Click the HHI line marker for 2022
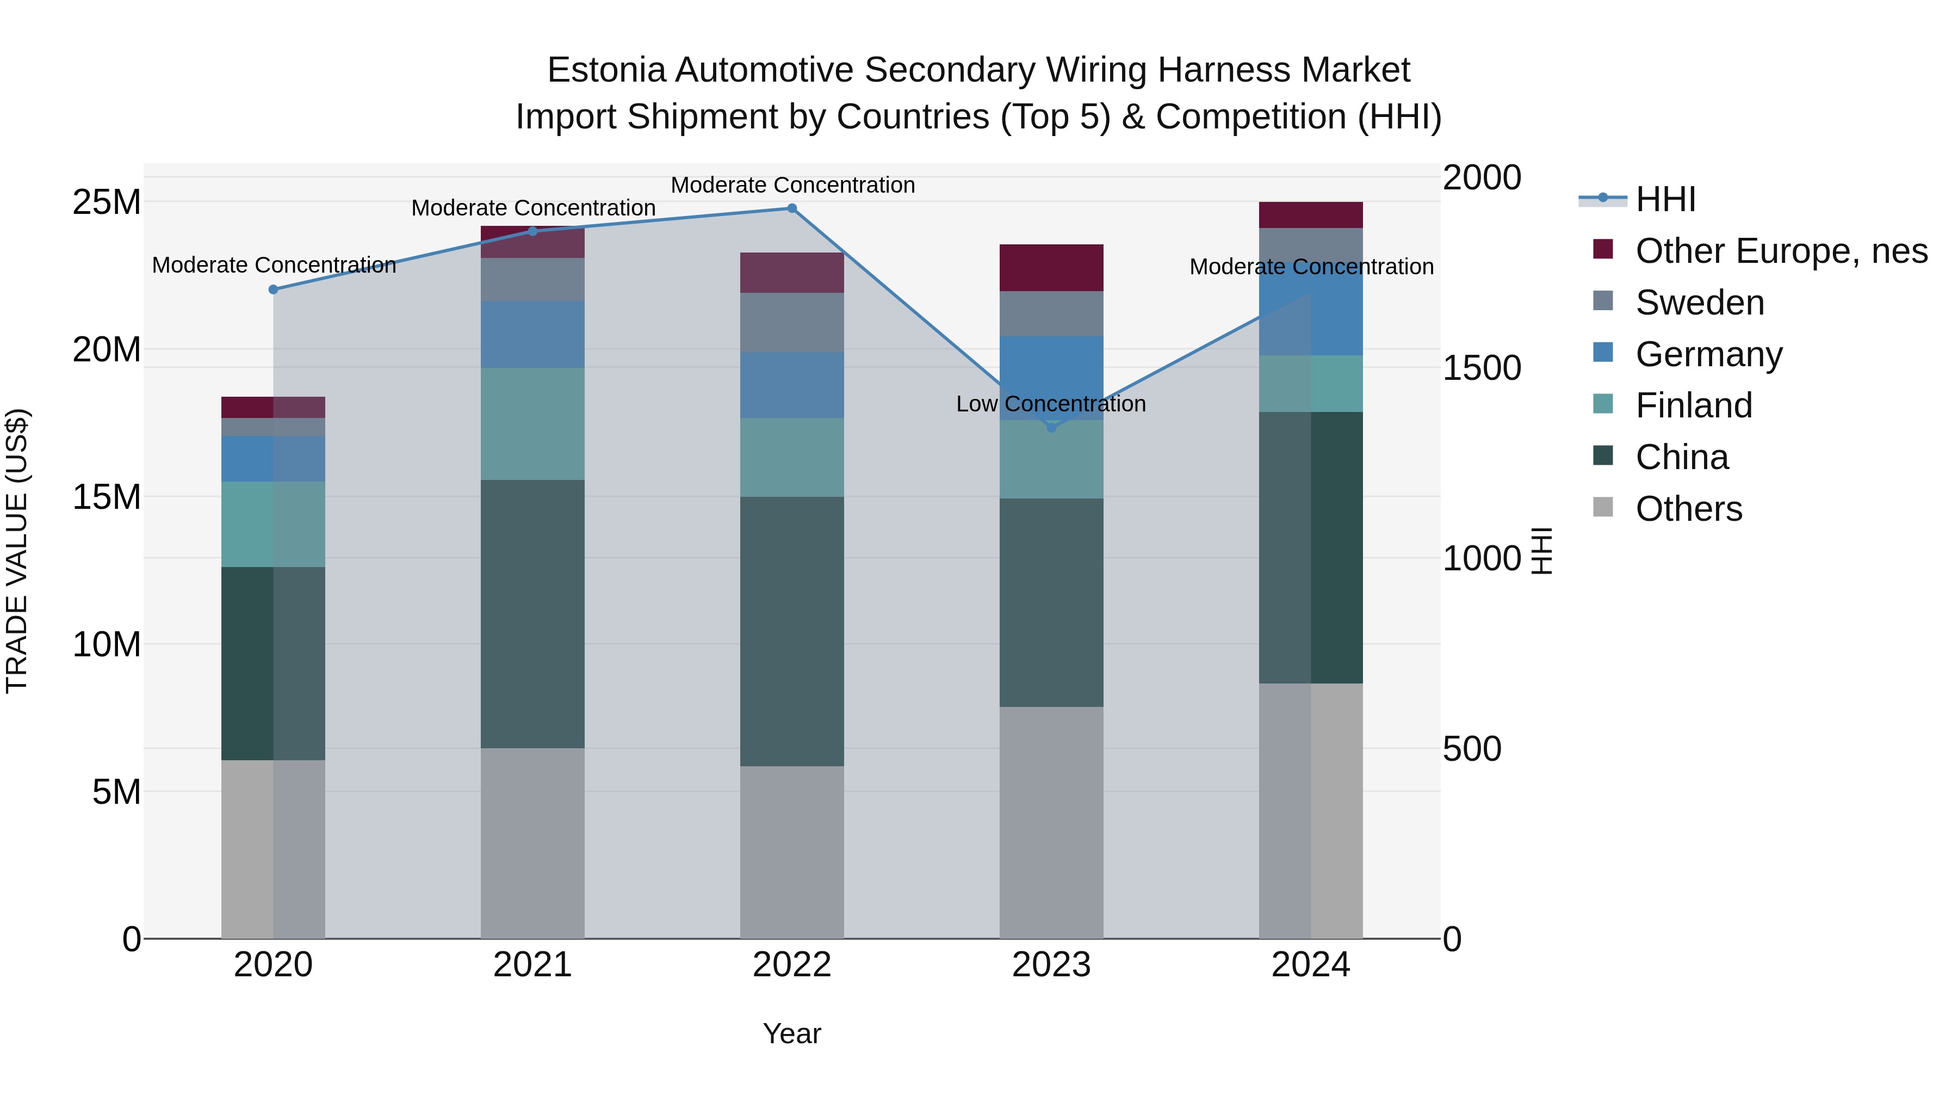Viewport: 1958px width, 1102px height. pyautogui.click(x=791, y=208)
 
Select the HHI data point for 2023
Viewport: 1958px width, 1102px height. pyautogui.click(x=1051, y=427)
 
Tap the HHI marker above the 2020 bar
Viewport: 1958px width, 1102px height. pyautogui.click(x=274, y=290)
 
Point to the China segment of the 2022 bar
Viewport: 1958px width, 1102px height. pyautogui.click(x=791, y=631)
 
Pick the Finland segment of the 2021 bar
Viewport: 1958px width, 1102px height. pyautogui.click(x=532, y=423)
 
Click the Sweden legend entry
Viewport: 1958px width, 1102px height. pyautogui.click(x=1700, y=303)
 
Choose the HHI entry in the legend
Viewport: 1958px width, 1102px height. pyautogui.click(x=1665, y=199)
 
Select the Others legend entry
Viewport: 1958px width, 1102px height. pyautogui.click(x=1688, y=509)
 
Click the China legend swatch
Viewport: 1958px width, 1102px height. pyautogui.click(x=1602, y=455)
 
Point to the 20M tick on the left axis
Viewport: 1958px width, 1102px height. pyautogui.click(x=107, y=350)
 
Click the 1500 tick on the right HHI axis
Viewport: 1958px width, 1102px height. pyautogui.click(x=1482, y=368)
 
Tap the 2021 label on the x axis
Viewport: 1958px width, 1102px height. pyautogui.click(x=532, y=965)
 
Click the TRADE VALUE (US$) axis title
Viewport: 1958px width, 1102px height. pyautogui.click(x=17, y=551)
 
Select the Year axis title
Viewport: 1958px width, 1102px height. pyautogui.click(x=791, y=1033)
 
